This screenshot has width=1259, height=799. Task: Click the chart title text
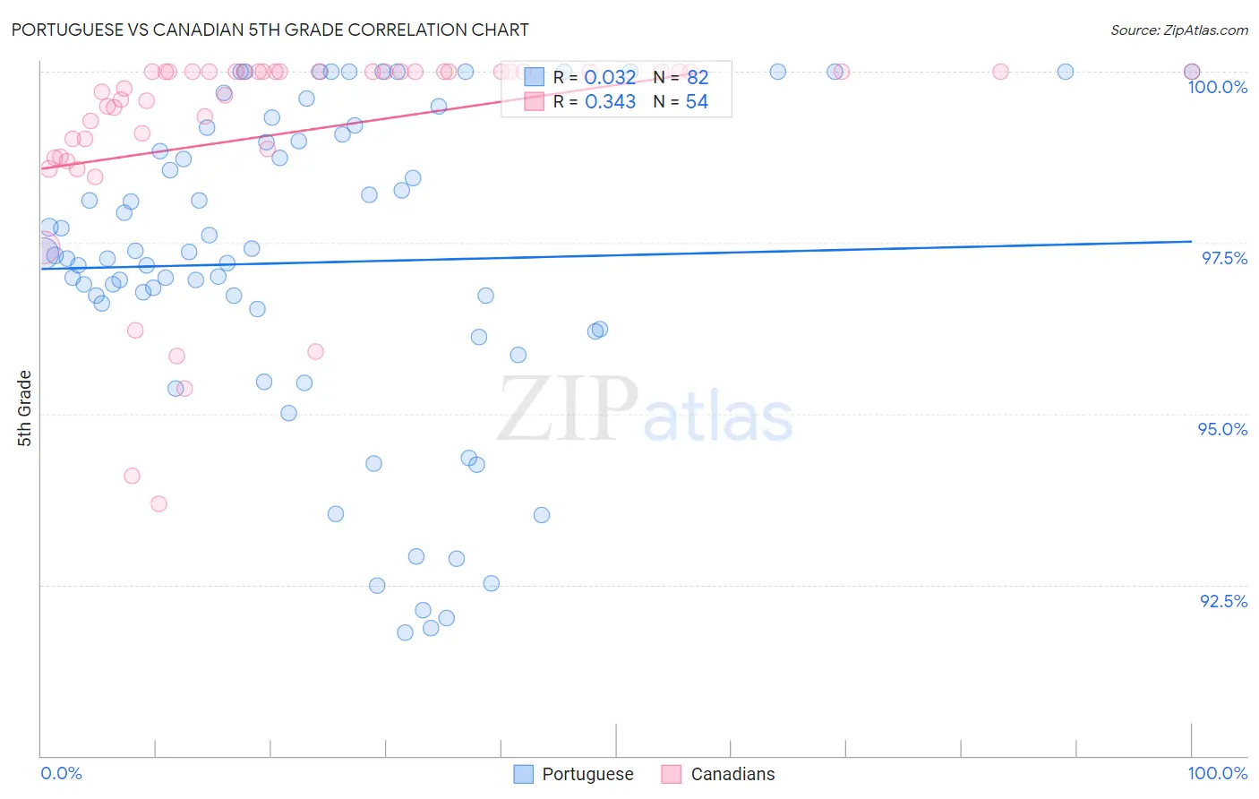pyautogui.click(x=270, y=30)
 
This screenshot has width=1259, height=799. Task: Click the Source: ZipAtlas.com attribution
pyautogui.click(x=1178, y=30)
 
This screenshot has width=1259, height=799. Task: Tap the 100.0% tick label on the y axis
pyautogui.click(x=1217, y=87)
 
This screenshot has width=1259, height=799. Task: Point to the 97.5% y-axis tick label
pyautogui.click(x=1223, y=258)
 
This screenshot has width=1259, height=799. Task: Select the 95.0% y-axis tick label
pyautogui.click(x=1222, y=429)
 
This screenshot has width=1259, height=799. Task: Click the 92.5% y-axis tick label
pyautogui.click(x=1223, y=601)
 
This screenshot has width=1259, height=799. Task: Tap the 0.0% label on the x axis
pyautogui.click(x=61, y=773)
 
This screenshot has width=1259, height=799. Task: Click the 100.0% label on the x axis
pyautogui.click(x=1217, y=773)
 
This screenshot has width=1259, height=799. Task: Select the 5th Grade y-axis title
pyautogui.click(x=24, y=408)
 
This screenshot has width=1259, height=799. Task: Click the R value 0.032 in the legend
pyautogui.click(x=610, y=78)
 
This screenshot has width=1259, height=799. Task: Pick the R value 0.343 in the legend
pyautogui.click(x=610, y=102)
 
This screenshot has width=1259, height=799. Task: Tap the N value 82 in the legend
pyautogui.click(x=698, y=78)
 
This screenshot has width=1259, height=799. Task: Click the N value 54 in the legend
pyautogui.click(x=697, y=102)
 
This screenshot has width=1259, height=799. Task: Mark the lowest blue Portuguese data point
pyautogui.click(x=405, y=632)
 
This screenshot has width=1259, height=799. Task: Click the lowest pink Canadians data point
pyautogui.click(x=158, y=503)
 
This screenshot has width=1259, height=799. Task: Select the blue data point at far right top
pyautogui.click(x=1192, y=72)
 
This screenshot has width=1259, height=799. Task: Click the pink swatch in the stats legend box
pyautogui.click(x=534, y=102)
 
